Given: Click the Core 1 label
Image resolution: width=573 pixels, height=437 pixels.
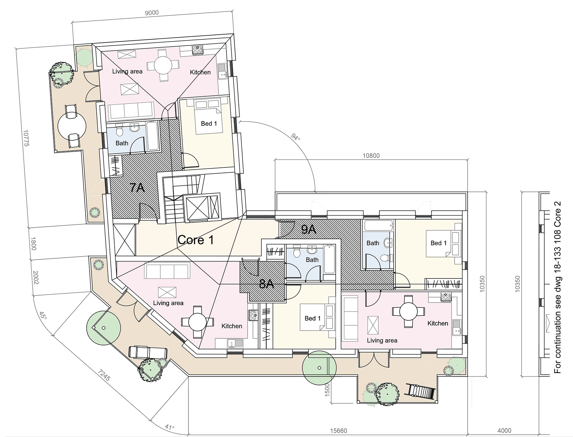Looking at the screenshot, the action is [195, 240].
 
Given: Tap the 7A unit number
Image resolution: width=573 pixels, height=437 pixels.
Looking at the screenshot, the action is [137, 188].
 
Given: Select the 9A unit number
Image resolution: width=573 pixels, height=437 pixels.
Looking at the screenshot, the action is [309, 229].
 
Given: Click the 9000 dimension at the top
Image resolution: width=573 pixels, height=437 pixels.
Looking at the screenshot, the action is [152, 13].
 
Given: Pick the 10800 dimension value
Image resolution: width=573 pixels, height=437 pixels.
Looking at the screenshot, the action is [371, 156].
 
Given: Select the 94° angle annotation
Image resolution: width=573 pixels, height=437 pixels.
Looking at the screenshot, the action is [295, 137].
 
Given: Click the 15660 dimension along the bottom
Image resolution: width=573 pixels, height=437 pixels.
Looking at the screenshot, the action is [338, 431].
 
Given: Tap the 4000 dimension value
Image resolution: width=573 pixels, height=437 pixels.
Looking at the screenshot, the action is [504, 430].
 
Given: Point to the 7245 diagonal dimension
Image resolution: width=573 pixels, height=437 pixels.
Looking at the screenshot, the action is [104, 375].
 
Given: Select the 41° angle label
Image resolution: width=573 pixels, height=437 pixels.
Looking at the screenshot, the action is [170, 427].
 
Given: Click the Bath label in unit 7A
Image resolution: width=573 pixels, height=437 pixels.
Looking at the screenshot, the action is [122, 143].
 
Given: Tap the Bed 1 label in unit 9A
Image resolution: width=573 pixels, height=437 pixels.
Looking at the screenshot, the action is [438, 243].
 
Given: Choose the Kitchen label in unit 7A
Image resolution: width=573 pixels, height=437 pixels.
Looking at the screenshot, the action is [200, 72].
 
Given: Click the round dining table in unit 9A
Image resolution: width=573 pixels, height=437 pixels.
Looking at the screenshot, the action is [409, 311].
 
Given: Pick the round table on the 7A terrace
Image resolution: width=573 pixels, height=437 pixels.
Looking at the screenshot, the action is [72, 126].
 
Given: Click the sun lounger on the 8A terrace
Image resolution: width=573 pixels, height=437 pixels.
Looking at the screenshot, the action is [147, 352].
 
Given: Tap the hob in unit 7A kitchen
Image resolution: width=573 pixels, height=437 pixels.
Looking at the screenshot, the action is [197, 50].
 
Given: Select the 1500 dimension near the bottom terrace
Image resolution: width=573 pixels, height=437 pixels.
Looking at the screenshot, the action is [327, 390].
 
